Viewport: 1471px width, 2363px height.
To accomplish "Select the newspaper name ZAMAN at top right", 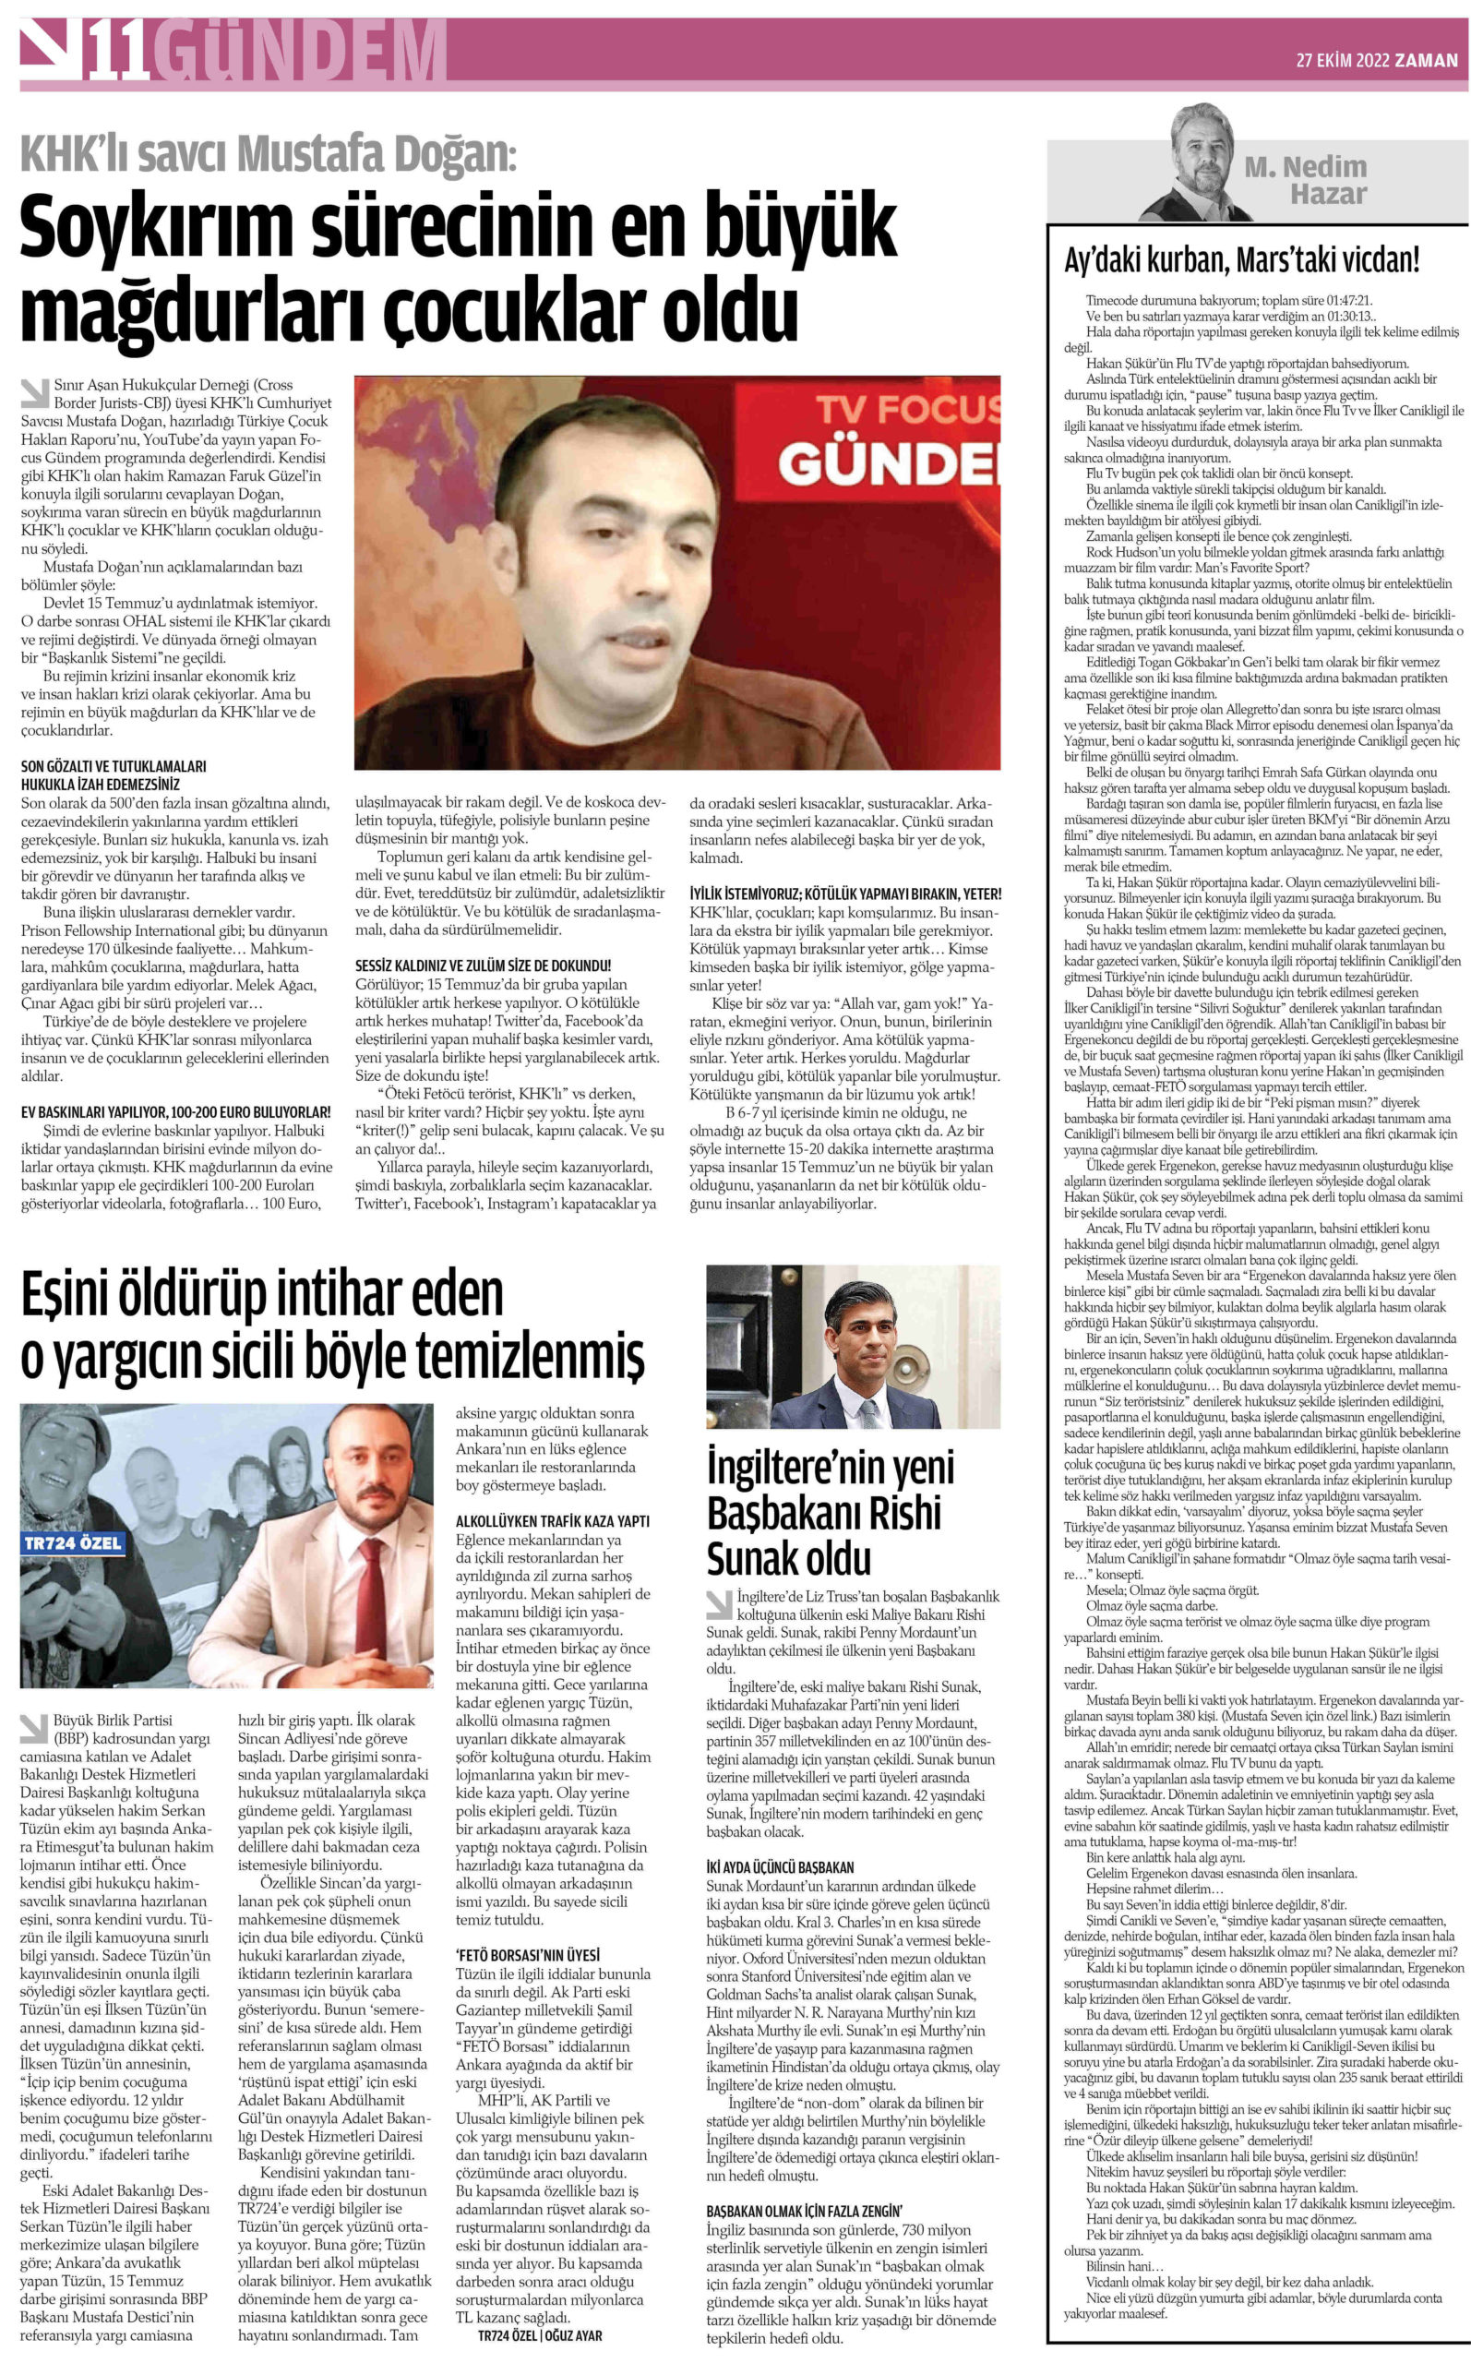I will [x=1427, y=60].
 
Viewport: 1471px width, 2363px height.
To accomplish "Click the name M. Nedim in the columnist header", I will [x=1306, y=167].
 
